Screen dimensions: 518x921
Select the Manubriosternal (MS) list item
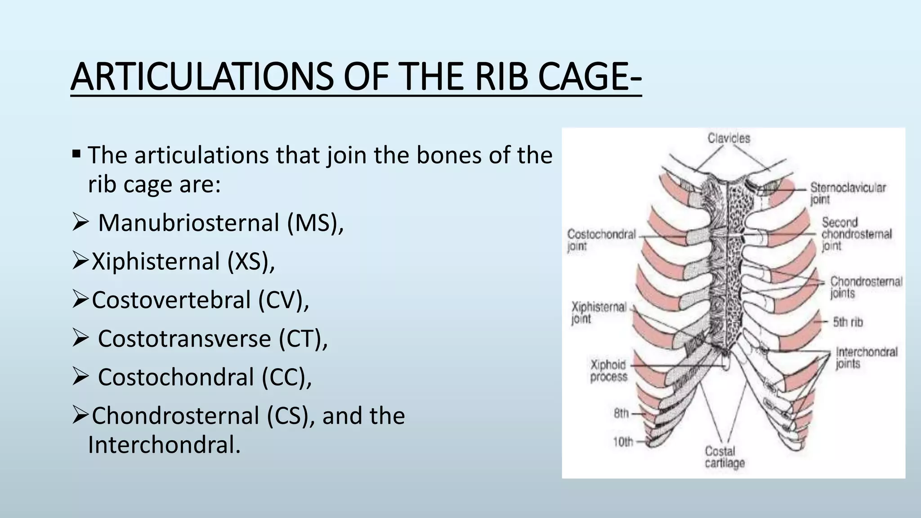click(x=220, y=223)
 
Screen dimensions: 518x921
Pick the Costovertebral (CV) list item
click(x=200, y=300)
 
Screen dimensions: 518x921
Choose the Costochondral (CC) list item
click(x=205, y=377)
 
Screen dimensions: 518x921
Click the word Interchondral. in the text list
click(x=164, y=445)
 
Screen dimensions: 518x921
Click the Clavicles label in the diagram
click(x=729, y=138)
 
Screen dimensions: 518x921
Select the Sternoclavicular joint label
click(x=847, y=193)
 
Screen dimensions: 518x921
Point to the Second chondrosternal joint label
click(x=856, y=234)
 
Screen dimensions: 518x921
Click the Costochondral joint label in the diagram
click(x=601, y=240)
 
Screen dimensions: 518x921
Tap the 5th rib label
click(x=847, y=322)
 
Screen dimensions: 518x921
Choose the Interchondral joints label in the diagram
click(x=866, y=358)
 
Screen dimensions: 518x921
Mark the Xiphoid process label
click(x=608, y=371)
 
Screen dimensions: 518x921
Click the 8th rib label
click(x=621, y=413)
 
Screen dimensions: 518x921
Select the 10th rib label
click(x=623, y=442)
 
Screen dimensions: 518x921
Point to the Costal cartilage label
click(x=724, y=457)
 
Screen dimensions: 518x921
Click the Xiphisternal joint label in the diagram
click(x=598, y=313)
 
